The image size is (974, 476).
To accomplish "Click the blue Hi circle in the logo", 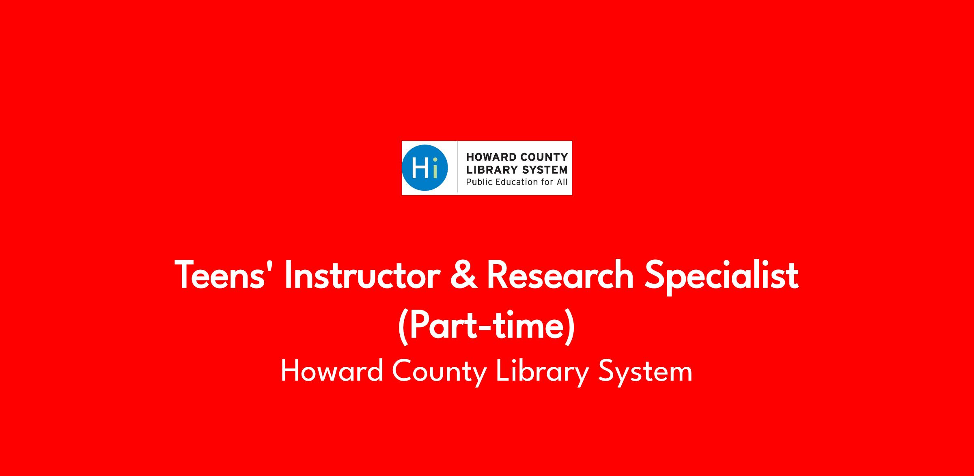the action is pyautogui.click(x=425, y=168).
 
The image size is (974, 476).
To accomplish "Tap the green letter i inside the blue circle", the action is pyautogui.click(x=435, y=168).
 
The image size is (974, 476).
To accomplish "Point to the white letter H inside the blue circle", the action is pyautogui.click(x=420, y=168).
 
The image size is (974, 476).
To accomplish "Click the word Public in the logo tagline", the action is pyautogui.click(x=478, y=182).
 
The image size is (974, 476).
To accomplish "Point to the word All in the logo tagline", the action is pyautogui.click(x=562, y=182).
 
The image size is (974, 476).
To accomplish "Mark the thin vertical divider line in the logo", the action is pyautogui.click(x=457, y=167).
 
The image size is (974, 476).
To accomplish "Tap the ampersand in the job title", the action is pyautogui.click(x=463, y=276).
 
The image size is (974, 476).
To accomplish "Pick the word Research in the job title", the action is pyautogui.click(x=560, y=275).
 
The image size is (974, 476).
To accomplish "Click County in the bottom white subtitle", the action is pyautogui.click(x=440, y=373).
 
